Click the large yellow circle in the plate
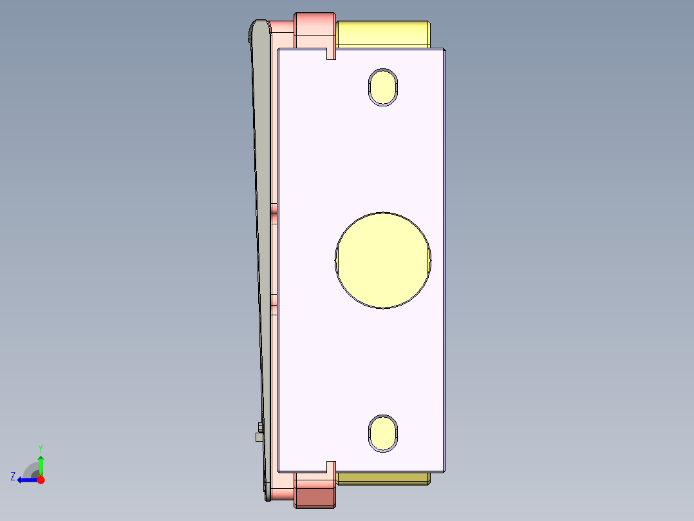coord(383,260)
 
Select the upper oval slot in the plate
coord(383,86)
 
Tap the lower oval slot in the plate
coord(383,433)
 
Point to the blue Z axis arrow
coord(26,480)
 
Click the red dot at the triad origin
coord(41,480)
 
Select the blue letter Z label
coord(13,477)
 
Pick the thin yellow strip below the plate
coord(383,478)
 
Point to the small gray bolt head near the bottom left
coord(259,437)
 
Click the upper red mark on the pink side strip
coord(274,208)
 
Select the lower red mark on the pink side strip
coord(274,299)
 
